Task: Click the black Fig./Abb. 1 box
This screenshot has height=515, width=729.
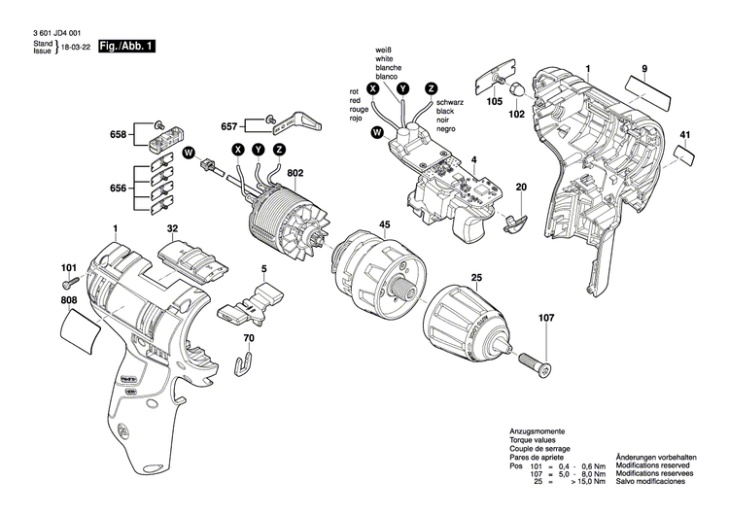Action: pos(126,47)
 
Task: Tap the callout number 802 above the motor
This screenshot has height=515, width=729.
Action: pos(295,173)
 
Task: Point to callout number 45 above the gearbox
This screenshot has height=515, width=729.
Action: pos(384,225)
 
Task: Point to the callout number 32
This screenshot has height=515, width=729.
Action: pos(172,230)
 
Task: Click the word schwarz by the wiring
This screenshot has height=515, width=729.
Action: pos(449,102)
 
